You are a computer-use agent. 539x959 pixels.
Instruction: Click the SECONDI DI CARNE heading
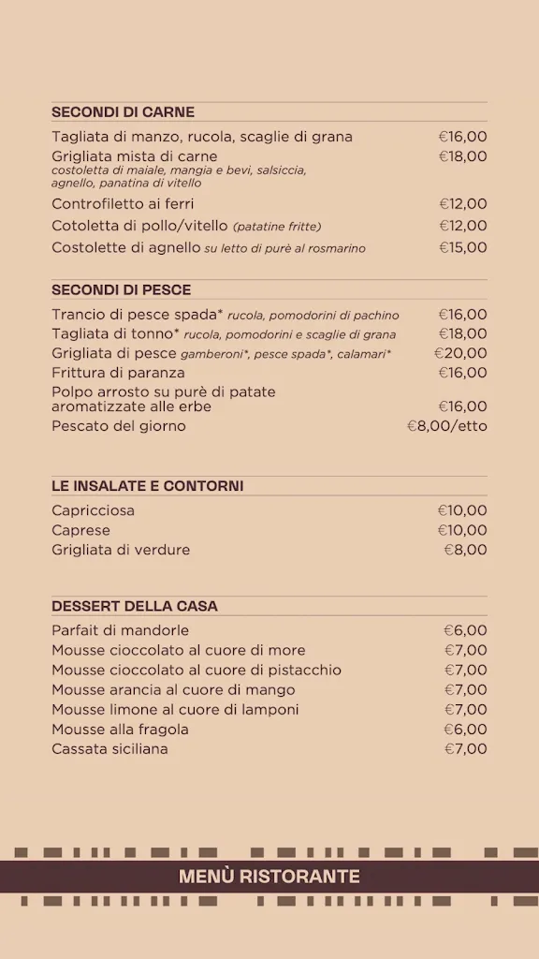click(x=123, y=112)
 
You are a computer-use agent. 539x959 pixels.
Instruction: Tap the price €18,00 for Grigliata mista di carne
click(x=463, y=156)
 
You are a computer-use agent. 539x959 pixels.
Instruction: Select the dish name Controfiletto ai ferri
click(x=123, y=204)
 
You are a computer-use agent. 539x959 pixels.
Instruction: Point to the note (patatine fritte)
click(x=277, y=227)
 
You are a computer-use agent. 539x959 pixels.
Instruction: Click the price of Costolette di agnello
click(x=463, y=248)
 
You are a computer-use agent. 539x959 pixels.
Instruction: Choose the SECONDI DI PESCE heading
click(x=121, y=290)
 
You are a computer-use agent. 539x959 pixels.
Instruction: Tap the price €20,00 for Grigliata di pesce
click(x=460, y=353)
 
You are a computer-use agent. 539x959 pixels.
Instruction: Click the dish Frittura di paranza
click(x=120, y=373)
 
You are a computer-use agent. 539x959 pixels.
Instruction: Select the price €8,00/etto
click(x=447, y=426)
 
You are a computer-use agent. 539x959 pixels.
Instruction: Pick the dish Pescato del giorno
click(x=119, y=426)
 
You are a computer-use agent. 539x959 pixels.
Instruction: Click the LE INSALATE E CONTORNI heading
click(x=147, y=486)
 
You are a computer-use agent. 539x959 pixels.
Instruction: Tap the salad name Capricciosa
click(x=93, y=510)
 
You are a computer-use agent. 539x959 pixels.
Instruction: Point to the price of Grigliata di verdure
click(x=465, y=550)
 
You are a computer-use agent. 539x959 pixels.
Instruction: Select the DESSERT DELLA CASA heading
click(x=135, y=606)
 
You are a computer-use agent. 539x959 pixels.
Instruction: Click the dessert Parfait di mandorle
click(x=120, y=630)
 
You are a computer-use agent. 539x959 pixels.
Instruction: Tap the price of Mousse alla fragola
click(x=465, y=730)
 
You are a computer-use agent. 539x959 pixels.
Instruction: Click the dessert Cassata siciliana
click(x=109, y=749)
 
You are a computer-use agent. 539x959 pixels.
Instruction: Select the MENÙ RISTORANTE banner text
click(x=269, y=877)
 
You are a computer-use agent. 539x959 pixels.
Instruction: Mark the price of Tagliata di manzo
click(x=463, y=137)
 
